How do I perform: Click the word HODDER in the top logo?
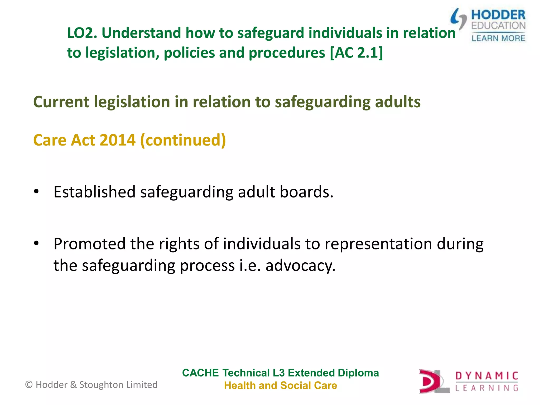[498, 15]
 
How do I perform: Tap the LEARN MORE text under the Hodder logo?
[498, 38]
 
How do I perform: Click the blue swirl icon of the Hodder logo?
[458, 18]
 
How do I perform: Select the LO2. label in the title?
[82, 33]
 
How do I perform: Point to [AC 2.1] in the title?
[356, 53]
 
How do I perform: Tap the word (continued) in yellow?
[183, 140]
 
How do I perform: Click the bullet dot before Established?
[36, 191]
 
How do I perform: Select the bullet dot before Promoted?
[36, 243]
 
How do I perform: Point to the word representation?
[378, 244]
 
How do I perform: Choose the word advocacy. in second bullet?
[300, 266]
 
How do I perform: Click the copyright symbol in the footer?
[29, 385]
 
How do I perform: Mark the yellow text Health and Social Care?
[280, 385]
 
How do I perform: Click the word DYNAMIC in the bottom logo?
[486, 376]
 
